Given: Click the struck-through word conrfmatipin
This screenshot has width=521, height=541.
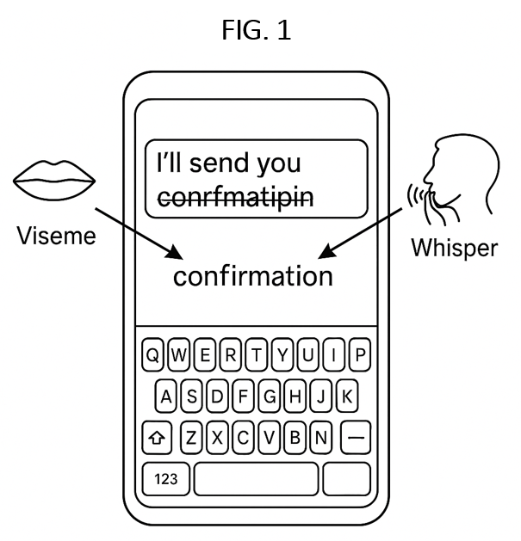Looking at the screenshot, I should click(235, 195).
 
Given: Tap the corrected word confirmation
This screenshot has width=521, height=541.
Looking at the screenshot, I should click(253, 276).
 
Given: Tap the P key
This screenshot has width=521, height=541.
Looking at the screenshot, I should click(360, 354).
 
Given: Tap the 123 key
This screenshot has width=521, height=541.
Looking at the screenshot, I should click(165, 479).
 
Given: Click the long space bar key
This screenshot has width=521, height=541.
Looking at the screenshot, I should click(256, 479).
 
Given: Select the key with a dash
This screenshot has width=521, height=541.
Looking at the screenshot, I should click(355, 438).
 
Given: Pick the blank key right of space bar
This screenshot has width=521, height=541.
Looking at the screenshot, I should click(347, 479).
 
